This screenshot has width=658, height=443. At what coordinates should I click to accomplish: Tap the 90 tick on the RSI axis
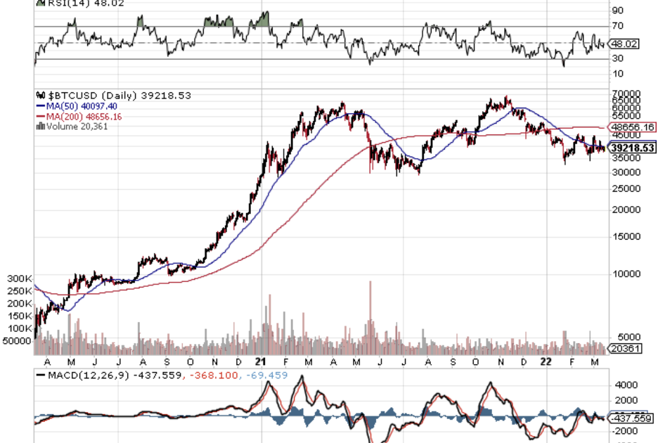[617, 11]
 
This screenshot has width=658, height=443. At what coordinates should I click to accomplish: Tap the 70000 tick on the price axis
[625, 93]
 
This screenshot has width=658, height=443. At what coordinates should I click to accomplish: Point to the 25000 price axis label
[625, 189]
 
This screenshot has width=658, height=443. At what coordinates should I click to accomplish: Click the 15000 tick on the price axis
[625, 236]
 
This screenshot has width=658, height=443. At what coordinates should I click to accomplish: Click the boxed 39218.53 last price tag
[633, 148]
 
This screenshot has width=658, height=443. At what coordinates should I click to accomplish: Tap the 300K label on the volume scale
[19, 279]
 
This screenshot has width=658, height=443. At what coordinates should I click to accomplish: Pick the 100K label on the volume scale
[19, 328]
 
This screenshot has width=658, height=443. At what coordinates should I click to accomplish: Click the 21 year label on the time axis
[261, 361]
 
